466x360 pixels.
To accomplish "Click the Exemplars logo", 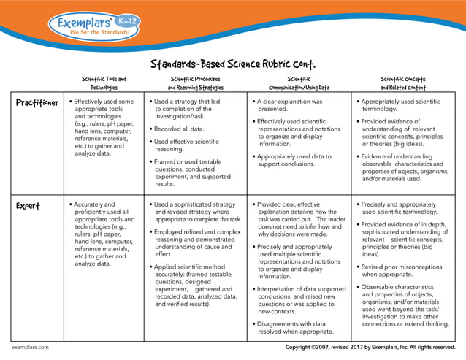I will tap(92, 27).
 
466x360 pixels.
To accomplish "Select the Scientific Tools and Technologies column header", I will tap(104, 83).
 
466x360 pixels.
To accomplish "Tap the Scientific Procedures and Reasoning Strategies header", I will tap(191, 83).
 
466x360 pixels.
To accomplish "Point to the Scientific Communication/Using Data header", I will tap(299, 83).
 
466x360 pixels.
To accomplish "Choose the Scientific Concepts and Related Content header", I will tap(402, 83).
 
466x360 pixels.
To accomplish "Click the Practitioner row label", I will tap(37, 103).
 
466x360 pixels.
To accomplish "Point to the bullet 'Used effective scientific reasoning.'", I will tap(187, 145).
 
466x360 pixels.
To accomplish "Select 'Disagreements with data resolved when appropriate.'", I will tap(294, 327).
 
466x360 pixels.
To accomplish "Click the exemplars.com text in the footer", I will tap(30, 348).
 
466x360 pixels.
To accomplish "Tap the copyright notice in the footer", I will tap(370, 348).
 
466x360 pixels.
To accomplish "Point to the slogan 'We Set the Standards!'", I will tap(99, 33).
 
